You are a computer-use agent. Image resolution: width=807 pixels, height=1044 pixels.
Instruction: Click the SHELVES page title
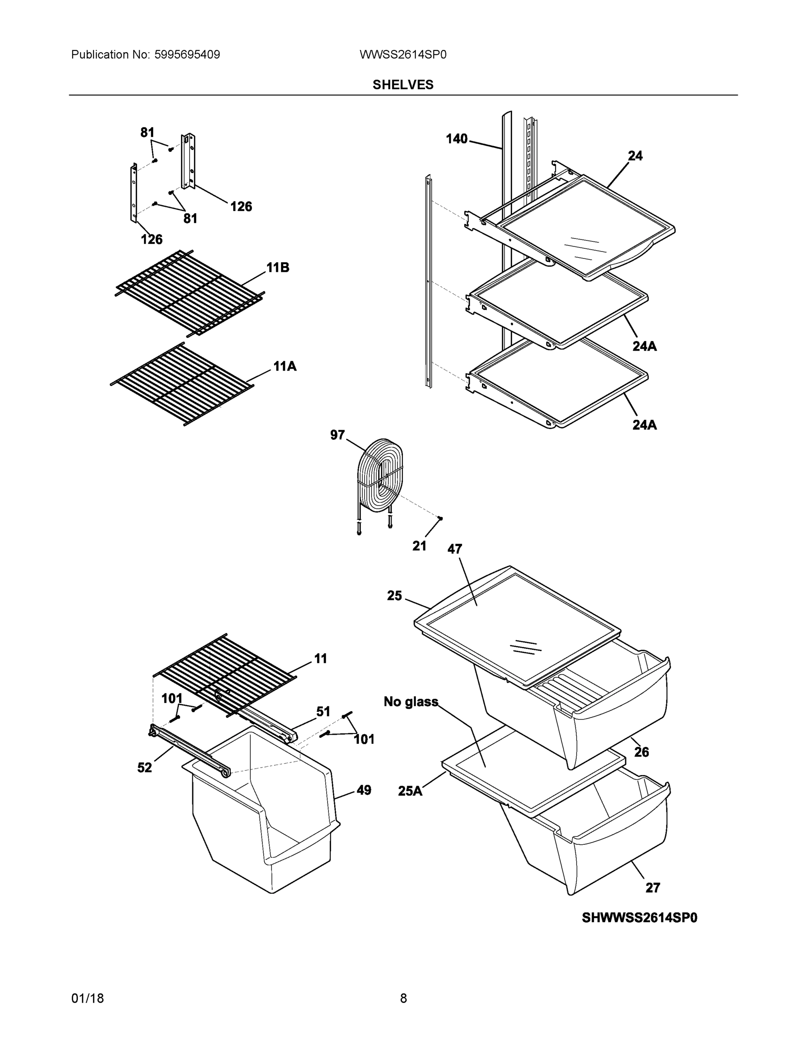point(402,85)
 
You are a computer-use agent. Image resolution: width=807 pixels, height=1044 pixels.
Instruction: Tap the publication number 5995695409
point(187,54)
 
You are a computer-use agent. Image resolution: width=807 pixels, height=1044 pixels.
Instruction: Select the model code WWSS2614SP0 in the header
point(402,54)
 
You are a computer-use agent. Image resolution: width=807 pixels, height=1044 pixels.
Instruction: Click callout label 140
point(456,139)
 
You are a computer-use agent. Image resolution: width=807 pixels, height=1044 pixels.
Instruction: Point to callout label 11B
point(278,268)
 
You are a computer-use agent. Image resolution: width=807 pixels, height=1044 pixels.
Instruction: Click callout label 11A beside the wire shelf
point(285,367)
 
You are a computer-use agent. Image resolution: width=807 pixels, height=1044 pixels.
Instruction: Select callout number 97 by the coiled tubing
point(337,435)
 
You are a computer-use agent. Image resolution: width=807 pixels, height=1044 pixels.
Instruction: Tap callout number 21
point(419,546)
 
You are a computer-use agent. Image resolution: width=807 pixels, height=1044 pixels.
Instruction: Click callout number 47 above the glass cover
point(455,549)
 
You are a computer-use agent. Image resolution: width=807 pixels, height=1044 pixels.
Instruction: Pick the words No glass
point(411,702)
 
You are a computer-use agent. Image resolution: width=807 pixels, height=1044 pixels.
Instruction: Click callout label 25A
point(410,791)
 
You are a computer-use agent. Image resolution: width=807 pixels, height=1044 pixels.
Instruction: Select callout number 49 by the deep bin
point(364,790)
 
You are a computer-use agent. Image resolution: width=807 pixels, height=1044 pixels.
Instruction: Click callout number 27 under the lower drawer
point(653,888)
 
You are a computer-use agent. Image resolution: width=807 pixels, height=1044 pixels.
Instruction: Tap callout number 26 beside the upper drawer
point(641,753)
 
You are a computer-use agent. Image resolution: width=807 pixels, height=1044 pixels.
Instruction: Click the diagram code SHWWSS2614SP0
point(639,918)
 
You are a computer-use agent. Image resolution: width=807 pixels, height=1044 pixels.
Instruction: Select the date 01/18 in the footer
point(87,998)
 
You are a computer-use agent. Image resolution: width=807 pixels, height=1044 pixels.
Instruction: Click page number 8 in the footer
point(403,998)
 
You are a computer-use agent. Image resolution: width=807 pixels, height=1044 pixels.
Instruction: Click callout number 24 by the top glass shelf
point(635,156)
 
